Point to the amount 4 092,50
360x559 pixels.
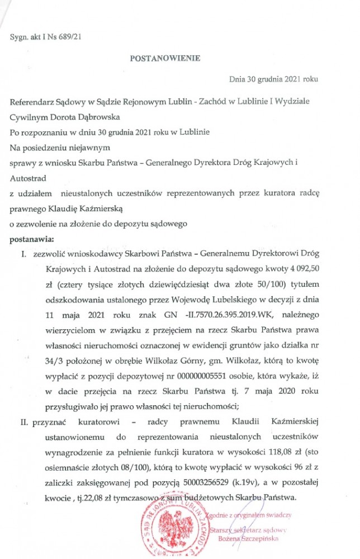(x=301, y=269)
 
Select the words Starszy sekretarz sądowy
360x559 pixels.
(x=253, y=529)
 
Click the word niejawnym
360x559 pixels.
(x=88, y=148)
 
